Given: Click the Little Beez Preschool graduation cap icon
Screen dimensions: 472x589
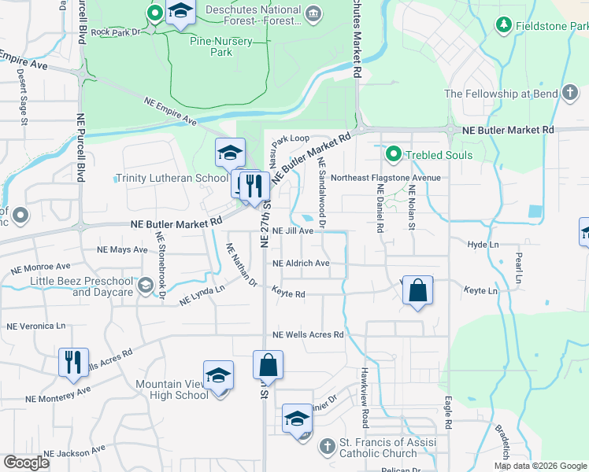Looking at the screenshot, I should pyautogui.click(x=145, y=286).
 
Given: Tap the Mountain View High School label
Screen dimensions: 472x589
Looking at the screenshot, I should pyautogui.click(x=171, y=389).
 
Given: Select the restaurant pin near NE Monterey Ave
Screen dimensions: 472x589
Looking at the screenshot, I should pyautogui.click(x=73, y=362).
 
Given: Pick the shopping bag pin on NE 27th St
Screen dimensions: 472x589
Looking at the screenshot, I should pyautogui.click(x=268, y=365).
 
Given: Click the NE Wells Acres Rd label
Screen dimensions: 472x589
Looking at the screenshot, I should pyautogui.click(x=308, y=335).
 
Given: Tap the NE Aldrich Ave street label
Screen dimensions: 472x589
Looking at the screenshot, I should pyautogui.click(x=300, y=264).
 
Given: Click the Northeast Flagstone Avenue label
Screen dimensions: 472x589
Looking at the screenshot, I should pyautogui.click(x=385, y=178).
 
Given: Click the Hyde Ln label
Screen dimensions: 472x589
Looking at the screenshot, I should pyautogui.click(x=483, y=245).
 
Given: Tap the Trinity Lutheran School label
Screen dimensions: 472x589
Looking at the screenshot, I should pyautogui.click(x=171, y=179).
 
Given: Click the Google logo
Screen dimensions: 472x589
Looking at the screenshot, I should pyautogui.click(x=27, y=462).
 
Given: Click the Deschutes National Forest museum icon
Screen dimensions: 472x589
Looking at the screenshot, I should pyautogui.click(x=313, y=13).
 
